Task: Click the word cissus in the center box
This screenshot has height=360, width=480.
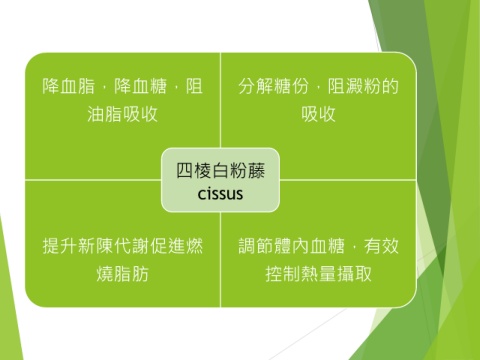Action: pos(220,194)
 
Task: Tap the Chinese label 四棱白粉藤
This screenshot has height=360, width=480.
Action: pos(220,171)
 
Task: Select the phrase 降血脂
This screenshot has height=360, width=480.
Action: pos(69,86)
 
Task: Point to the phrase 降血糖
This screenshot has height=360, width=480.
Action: pos(140,86)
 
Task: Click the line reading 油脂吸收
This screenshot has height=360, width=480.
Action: pos(122,114)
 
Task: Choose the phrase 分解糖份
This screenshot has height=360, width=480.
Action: pos(273,86)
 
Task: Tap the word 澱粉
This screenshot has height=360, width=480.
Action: pos(363,86)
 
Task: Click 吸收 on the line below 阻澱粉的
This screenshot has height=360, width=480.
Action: pos(318,114)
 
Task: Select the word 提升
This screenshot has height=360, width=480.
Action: pos(60,246)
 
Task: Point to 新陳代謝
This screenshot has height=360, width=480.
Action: pos(114,246)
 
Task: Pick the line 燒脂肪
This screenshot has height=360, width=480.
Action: pos(122,274)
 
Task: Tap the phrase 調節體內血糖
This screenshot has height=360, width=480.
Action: pos(291,246)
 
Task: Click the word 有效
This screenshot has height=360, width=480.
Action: pos(381,246)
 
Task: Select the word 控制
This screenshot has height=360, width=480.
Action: pos(283,274)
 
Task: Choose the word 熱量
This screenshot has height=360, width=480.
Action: pos(318,274)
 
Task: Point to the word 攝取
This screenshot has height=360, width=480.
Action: pos(354,274)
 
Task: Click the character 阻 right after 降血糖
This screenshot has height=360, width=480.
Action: pos(194,86)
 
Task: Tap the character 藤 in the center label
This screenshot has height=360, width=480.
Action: pos(256,171)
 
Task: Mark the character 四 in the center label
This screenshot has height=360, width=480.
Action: pos(184,171)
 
